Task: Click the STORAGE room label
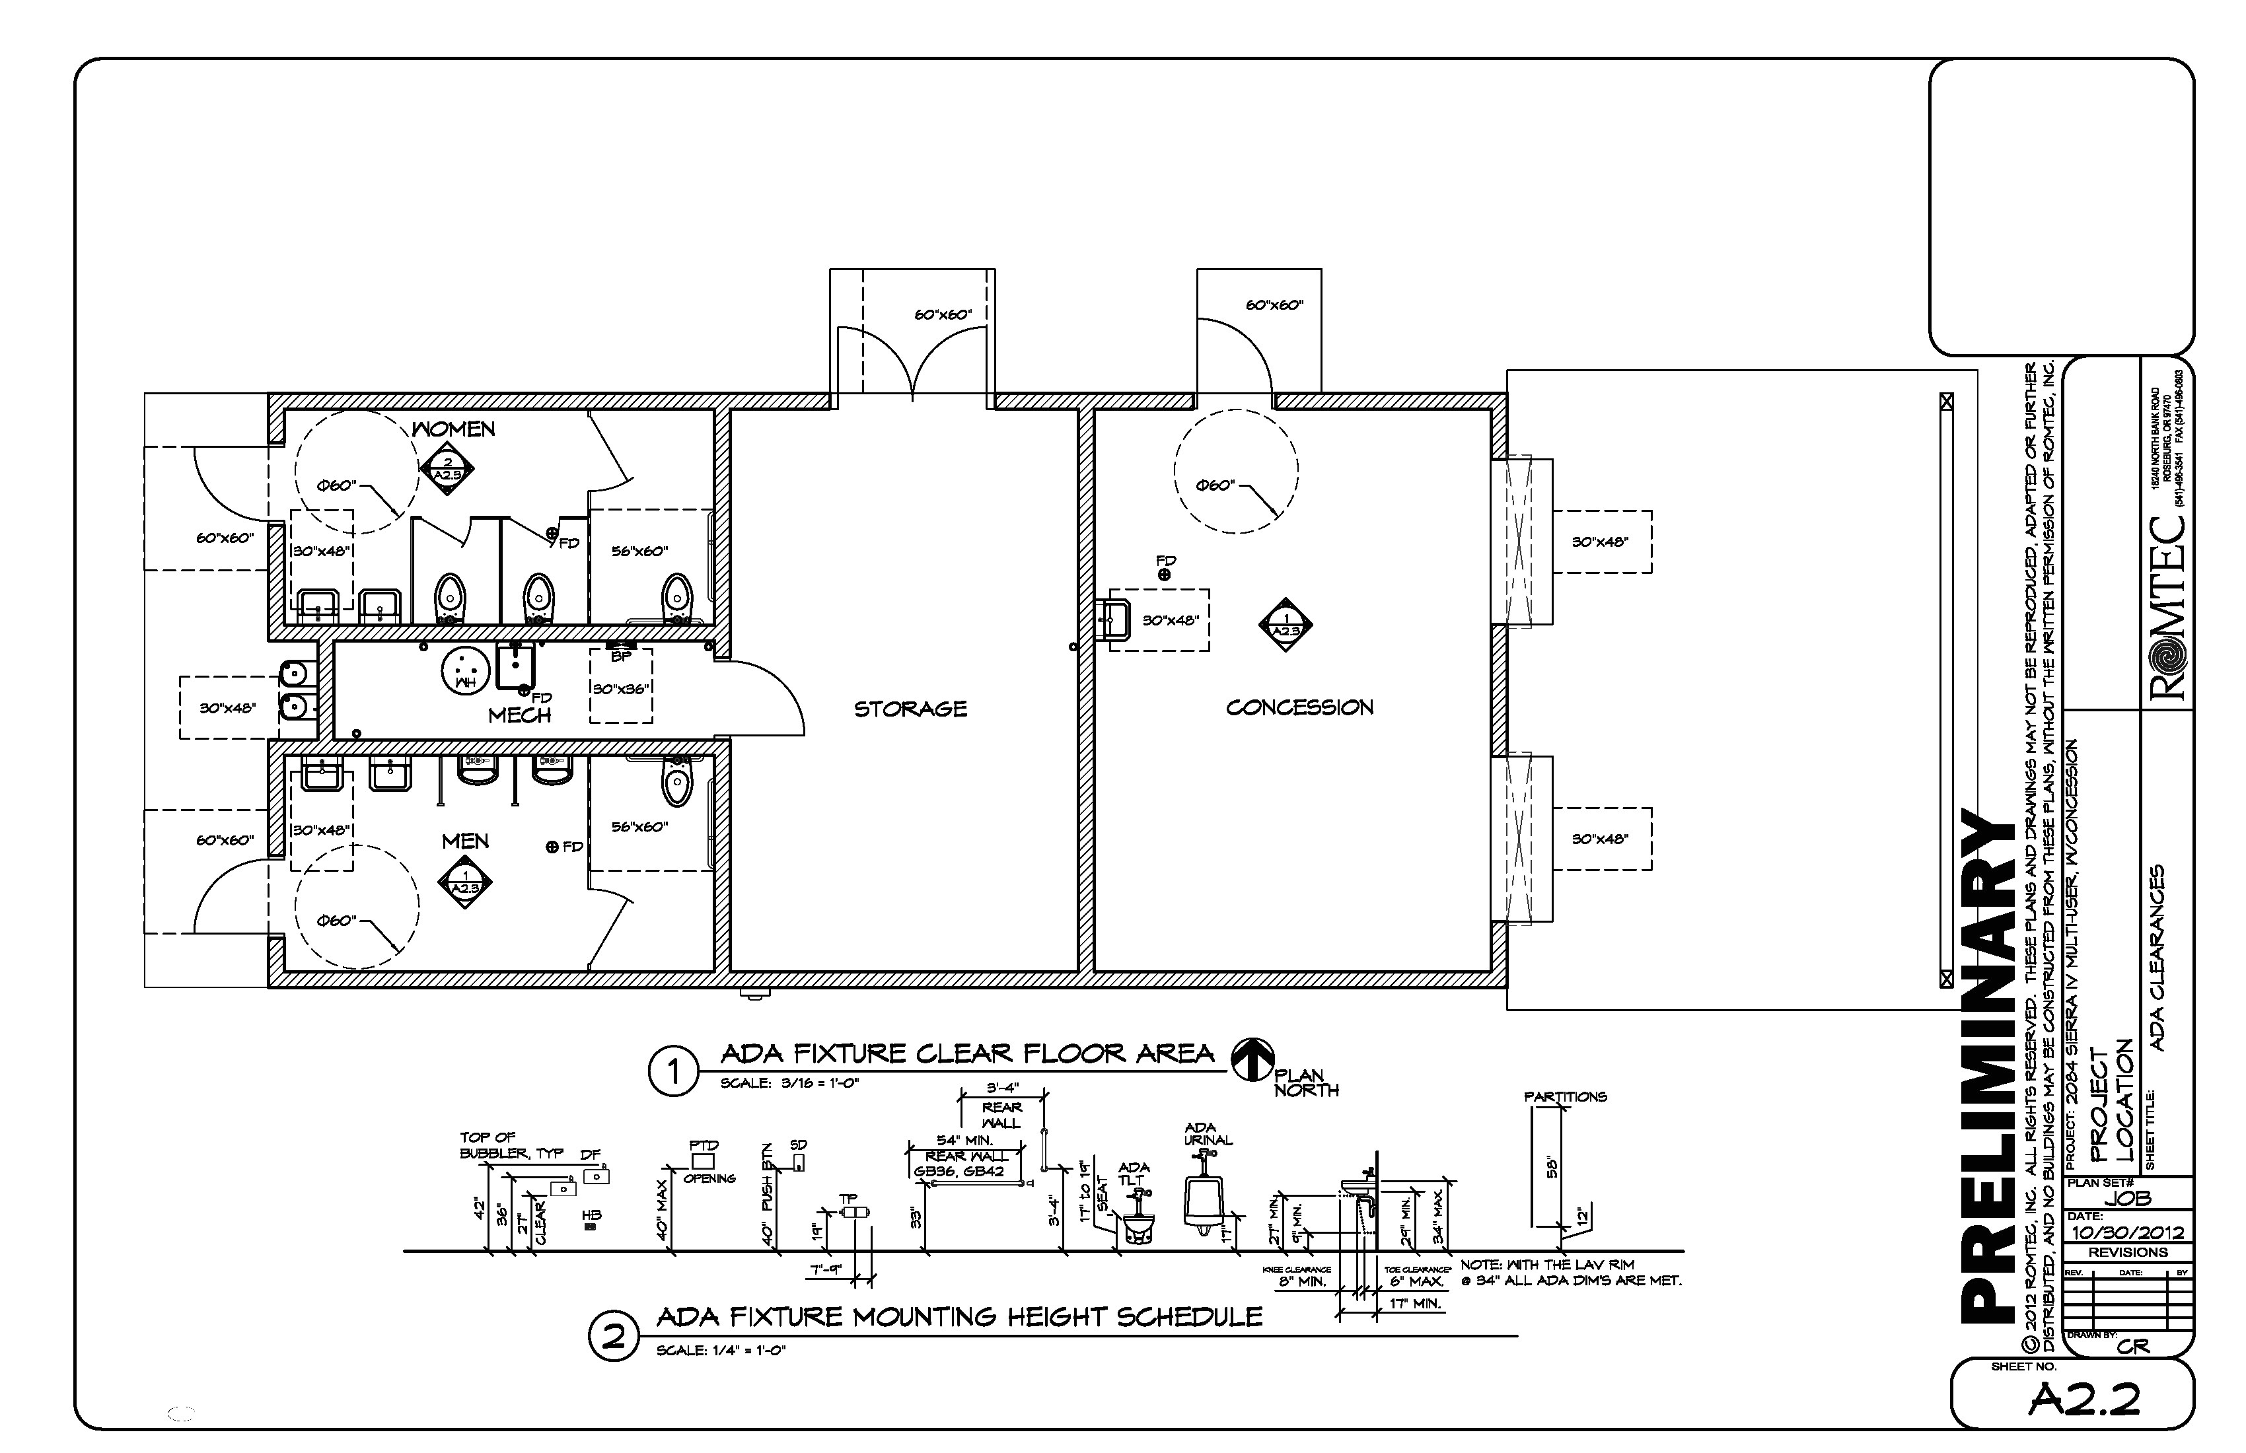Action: (x=911, y=709)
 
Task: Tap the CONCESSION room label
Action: (x=1299, y=707)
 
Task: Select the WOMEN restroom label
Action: (x=454, y=429)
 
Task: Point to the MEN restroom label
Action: (x=465, y=841)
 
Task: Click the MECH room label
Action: (x=519, y=716)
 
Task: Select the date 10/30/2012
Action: (x=2127, y=1233)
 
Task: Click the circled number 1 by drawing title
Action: (x=674, y=1073)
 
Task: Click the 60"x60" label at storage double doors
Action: (x=943, y=314)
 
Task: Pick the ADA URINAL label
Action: (x=1208, y=1133)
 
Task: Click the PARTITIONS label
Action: (x=1565, y=1096)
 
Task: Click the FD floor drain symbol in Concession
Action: (x=1165, y=574)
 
